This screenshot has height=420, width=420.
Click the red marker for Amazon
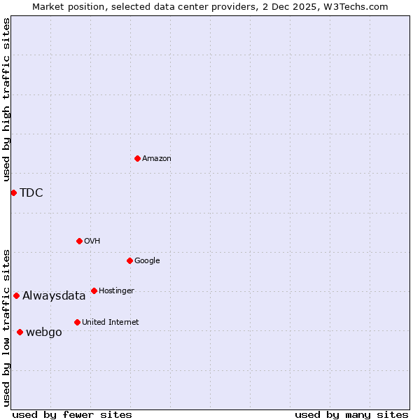point(137,158)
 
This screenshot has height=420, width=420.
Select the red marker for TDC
point(13,192)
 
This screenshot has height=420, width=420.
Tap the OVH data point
point(79,241)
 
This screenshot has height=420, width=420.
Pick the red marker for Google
point(129,260)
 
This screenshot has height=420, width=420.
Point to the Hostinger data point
point(94,290)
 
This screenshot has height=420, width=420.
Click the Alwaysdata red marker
point(16,295)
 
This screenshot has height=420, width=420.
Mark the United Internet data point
point(77,322)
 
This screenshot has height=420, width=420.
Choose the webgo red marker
point(20,332)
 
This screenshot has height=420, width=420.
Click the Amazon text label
point(157,159)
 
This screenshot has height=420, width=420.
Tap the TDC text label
point(31,193)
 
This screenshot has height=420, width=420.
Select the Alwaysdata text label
point(54,296)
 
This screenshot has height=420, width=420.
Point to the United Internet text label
point(111,323)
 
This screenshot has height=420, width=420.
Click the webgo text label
point(44,332)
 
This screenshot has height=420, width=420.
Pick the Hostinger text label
point(116,291)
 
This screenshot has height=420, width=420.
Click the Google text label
point(147,261)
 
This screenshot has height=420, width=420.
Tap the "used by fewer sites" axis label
point(72,414)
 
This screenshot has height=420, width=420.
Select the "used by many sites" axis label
point(351,414)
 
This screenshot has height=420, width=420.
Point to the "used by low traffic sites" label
point(6,327)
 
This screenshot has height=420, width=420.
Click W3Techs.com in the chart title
point(355,6)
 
